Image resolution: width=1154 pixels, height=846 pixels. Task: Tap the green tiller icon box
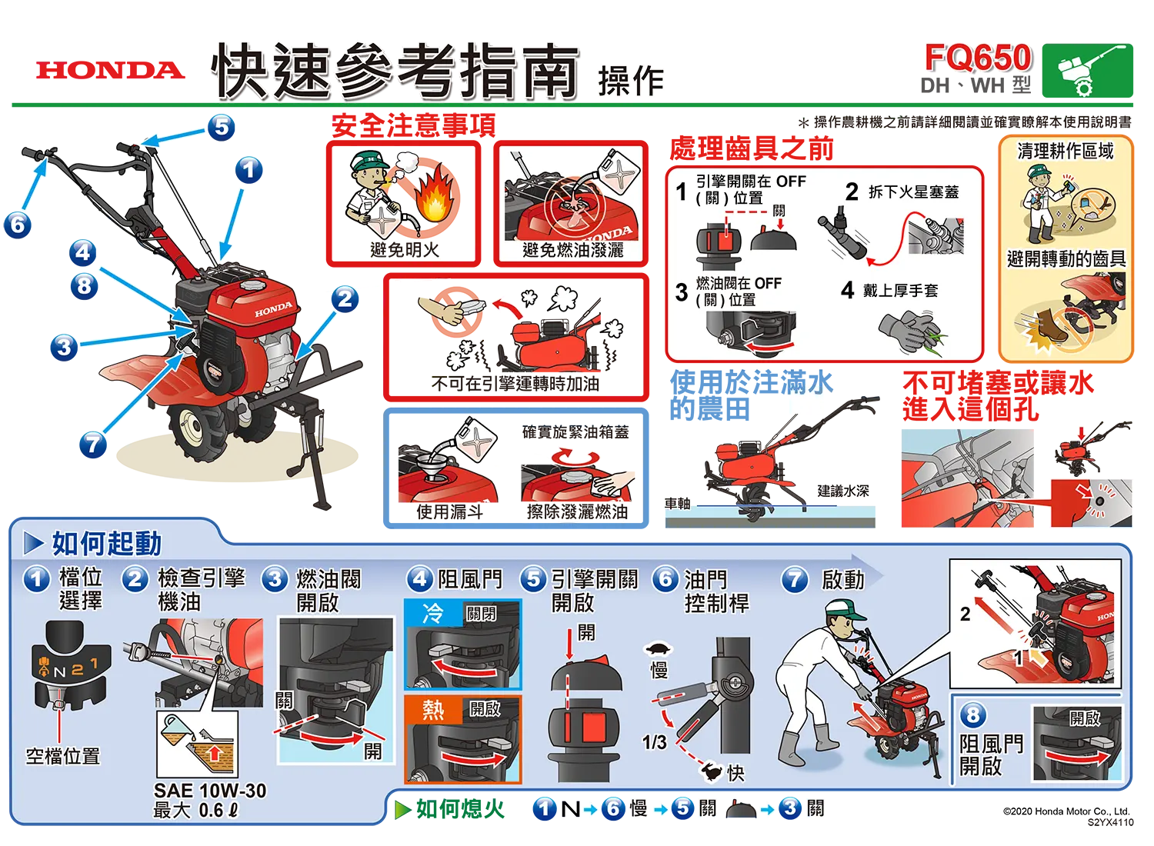(1087, 71)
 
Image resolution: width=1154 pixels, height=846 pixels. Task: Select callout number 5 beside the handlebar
(221, 127)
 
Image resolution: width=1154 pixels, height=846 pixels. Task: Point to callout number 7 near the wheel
(93, 445)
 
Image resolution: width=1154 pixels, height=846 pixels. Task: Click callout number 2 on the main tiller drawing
(345, 298)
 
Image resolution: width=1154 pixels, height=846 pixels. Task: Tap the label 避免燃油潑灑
(573, 250)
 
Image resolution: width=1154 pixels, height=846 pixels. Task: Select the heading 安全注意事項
(413, 125)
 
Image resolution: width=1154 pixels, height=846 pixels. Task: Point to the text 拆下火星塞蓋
(913, 192)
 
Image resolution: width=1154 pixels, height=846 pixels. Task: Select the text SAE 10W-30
(210, 791)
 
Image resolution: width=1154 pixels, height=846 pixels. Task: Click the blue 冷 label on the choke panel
(432, 613)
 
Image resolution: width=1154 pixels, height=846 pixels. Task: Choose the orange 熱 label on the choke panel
(432, 711)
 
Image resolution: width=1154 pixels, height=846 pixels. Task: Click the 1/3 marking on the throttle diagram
(654, 742)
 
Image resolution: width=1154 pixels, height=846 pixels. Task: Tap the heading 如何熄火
(460, 809)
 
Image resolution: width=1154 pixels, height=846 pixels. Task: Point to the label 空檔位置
(63, 757)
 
